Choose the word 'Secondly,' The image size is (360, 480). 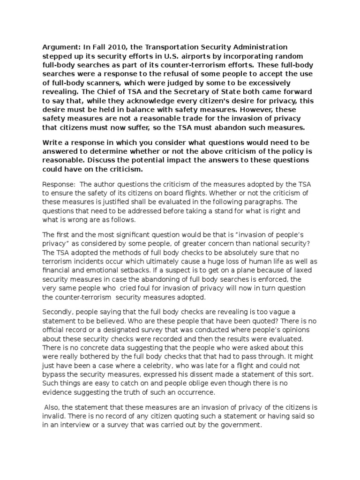click(x=60, y=312)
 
